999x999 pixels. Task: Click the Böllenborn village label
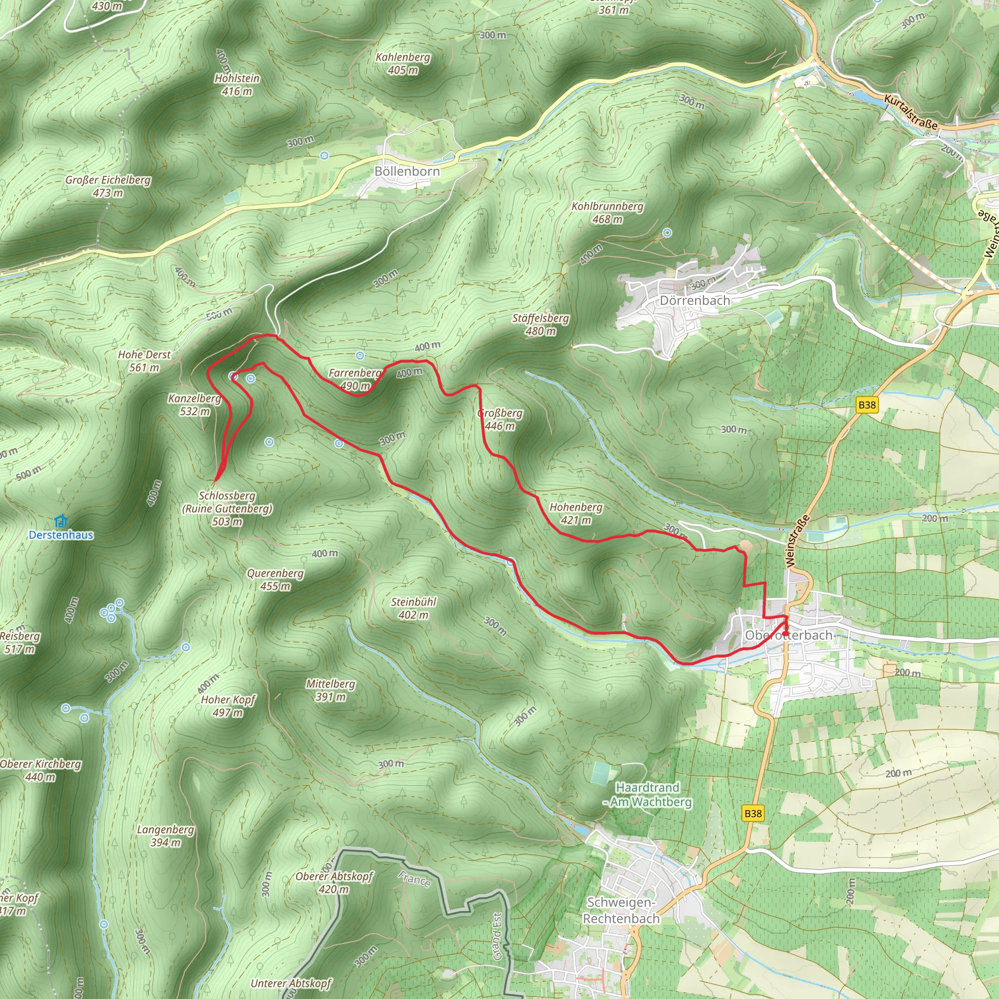coord(407,172)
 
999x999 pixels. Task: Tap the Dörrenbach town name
coord(695,300)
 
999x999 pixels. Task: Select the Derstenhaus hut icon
coord(61,520)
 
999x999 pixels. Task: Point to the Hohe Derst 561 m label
coord(144,361)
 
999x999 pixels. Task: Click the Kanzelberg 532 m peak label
coord(195,405)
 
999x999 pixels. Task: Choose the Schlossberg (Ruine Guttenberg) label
coord(227,508)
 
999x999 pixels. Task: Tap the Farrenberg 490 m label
coord(355,379)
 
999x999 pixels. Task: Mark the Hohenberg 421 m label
coord(576,514)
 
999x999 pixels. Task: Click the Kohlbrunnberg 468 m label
coord(608,213)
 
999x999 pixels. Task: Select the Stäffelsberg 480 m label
coord(540,325)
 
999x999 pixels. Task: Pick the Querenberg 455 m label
coord(275,579)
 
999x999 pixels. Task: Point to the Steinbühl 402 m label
coord(413,608)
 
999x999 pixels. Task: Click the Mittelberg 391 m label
coord(330,690)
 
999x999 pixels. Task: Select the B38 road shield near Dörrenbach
coord(867,405)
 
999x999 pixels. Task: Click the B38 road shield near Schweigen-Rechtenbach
coord(753,813)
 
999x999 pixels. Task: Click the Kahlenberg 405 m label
coord(403,63)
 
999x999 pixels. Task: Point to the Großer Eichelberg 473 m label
coord(108,186)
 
